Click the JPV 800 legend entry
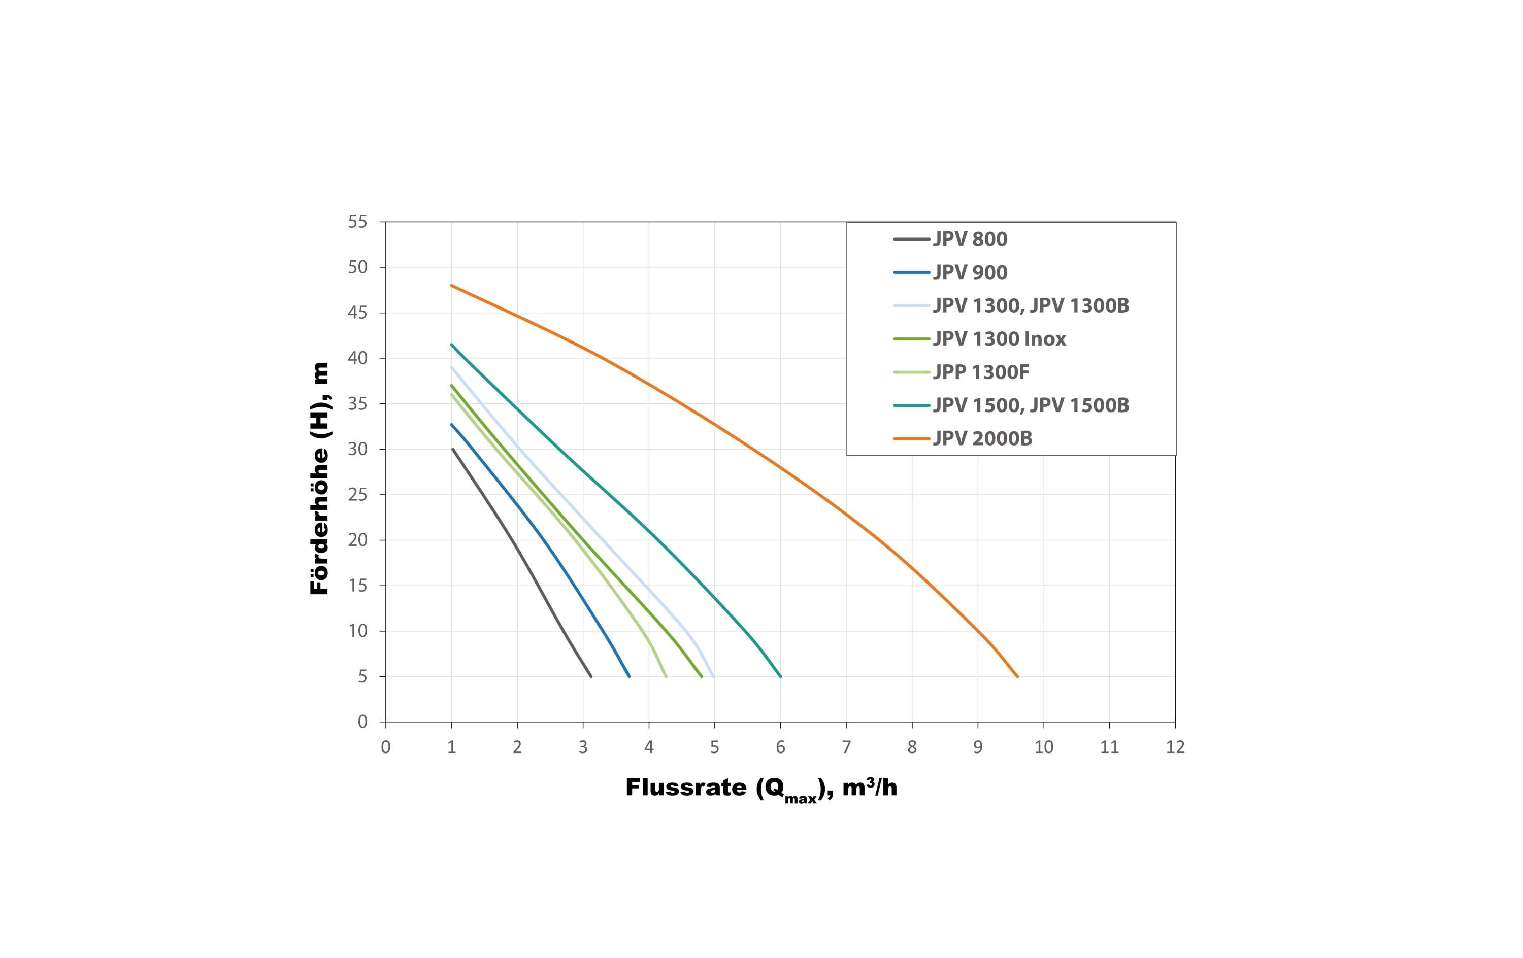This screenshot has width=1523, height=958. point(970,239)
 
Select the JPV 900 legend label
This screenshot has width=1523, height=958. point(970,272)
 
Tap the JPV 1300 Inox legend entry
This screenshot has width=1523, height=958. point(999,339)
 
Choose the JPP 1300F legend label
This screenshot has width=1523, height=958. point(981,372)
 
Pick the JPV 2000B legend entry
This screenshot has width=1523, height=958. point(982,438)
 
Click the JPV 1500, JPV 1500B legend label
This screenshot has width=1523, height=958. point(1031,405)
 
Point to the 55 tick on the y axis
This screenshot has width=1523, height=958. point(357,222)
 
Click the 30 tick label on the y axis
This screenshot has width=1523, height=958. point(357,449)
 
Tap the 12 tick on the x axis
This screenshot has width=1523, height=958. point(1175,747)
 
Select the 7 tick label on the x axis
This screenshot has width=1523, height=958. point(846,747)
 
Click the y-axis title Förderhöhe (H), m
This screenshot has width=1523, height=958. point(320,478)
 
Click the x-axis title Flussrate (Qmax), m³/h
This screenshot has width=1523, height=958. point(761,788)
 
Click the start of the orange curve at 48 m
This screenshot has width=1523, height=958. point(452,285)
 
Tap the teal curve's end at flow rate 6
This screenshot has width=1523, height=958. point(780,676)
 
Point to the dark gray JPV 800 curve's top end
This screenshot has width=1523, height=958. point(453,449)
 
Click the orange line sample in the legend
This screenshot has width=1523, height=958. point(911,438)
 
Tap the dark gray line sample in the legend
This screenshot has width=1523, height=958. point(911,239)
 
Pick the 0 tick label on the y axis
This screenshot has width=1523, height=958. point(362,722)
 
